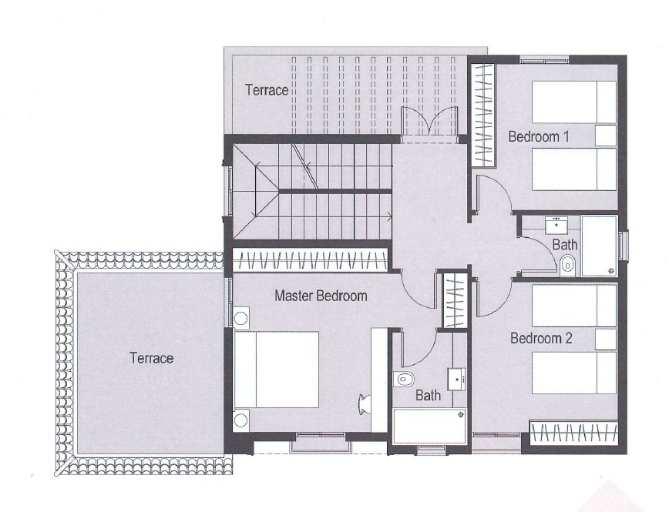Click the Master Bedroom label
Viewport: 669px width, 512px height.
[321, 295]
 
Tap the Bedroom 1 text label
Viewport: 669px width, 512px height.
[539, 136]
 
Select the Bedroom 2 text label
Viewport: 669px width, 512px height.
[541, 337]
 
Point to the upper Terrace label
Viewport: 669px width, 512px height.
[267, 90]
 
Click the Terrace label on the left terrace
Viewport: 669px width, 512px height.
[151, 358]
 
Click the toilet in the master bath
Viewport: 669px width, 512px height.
[404, 379]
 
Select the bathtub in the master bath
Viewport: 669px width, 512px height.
[429, 426]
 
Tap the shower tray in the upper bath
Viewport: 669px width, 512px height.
[600, 246]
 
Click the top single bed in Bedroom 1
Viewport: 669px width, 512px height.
[574, 102]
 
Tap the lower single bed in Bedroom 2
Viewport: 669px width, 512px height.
[574, 373]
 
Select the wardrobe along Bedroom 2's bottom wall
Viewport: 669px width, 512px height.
[573, 433]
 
